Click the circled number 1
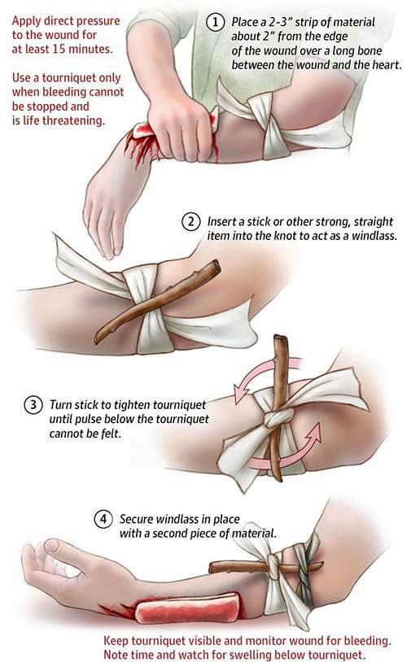point(215,22)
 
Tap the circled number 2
point(190,222)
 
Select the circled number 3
point(33,405)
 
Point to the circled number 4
point(103,519)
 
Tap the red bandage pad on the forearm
point(189,609)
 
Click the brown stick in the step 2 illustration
point(157,301)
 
